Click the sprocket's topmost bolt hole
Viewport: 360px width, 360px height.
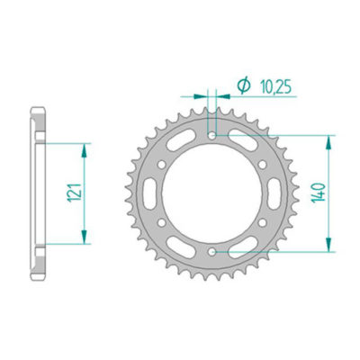click(x=212, y=136)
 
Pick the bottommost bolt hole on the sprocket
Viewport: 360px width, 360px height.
click(x=212, y=254)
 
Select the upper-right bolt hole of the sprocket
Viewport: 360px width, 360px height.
click(x=264, y=166)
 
